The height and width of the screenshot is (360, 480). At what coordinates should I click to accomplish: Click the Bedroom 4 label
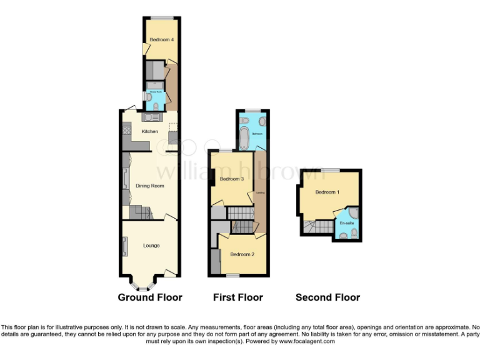click(161, 40)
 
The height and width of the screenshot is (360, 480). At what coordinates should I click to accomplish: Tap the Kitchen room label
click(149, 131)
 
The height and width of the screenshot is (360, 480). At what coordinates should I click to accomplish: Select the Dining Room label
click(149, 186)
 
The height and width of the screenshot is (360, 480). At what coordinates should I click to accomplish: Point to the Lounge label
click(151, 246)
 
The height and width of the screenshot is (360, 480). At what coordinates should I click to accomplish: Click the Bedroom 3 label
click(232, 179)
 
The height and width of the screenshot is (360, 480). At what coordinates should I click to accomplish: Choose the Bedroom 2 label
click(242, 254)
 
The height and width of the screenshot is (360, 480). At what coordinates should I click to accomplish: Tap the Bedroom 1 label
click(327, 192)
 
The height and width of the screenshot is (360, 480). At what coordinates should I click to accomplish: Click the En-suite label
click(346, 223)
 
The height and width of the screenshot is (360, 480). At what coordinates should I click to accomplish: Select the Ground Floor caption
click(150, 297)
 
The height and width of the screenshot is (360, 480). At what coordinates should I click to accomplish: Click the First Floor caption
click(238, 297)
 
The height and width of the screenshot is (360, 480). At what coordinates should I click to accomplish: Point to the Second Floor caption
click(327, 297)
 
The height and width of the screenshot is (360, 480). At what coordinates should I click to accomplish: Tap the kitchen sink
click(151, 117)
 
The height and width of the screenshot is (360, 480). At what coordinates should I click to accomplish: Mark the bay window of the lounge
click(144, 286)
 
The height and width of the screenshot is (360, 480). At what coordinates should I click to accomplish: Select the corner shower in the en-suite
click(354, 212)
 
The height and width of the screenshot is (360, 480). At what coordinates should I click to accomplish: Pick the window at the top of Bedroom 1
click(331, 170)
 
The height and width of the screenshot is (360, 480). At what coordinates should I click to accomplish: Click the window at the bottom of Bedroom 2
click(233, 275)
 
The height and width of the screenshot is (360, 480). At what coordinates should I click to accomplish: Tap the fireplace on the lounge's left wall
click(124, 246)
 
